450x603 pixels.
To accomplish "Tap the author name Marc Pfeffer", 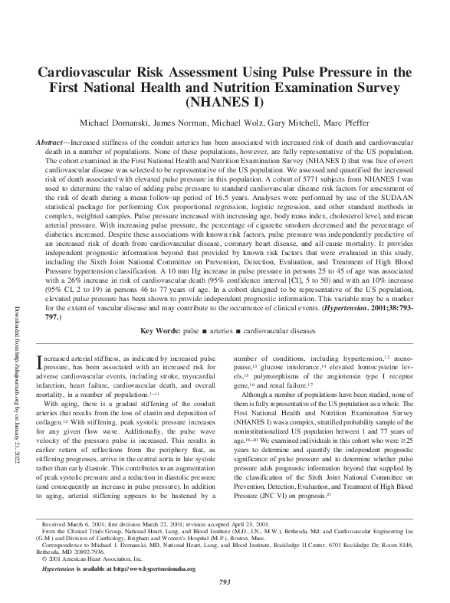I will (x=345, y=123).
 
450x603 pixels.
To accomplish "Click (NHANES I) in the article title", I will (x=225, y=101).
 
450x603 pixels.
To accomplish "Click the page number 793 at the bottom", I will (x=225, y=584).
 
